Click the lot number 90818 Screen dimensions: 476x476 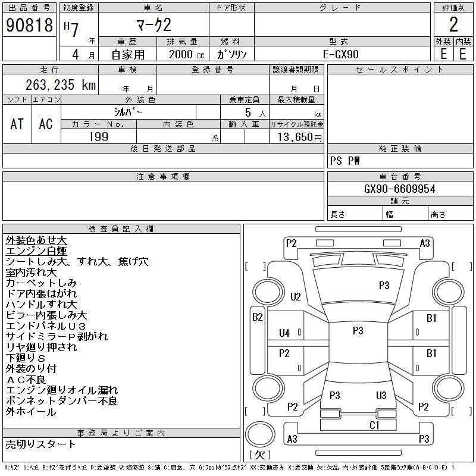pos(29,25)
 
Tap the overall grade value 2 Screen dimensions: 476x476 pos(453,24)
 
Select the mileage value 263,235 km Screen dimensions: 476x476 pos(61,84)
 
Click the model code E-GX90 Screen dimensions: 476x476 pos(340,54)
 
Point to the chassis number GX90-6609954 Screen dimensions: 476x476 pos(399,189)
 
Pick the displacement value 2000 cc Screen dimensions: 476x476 pos(186,54)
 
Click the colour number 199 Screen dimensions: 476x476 pos(99,137)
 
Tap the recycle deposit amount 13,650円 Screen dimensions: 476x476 pos(299,137)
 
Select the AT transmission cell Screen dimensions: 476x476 pos(17,124)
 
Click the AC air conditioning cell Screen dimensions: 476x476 pos(46,124)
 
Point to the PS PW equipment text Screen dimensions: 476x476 pos(345,161)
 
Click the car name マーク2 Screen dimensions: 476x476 pos(154,25)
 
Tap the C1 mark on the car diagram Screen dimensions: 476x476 pos(374,425)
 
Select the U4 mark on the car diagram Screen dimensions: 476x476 pos(284,333)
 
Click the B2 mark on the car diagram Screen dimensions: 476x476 pos(258,317)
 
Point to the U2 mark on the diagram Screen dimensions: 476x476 pos(295,296)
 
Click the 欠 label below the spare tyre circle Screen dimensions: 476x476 pos(260,455)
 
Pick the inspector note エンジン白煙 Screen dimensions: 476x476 pos(36,251)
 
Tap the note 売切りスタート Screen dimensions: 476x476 pos(40,444)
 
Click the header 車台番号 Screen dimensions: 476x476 pos(400,176)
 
